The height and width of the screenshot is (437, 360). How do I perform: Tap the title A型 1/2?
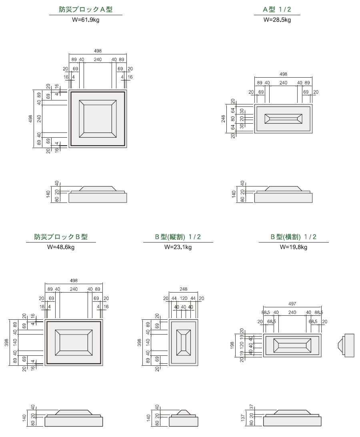(x=277, y=10)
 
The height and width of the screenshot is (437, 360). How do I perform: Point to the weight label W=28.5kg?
(x=277, y=19)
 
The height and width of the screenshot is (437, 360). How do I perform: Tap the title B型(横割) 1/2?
(x=293, y=237)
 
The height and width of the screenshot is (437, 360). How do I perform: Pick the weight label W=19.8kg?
(x=293, y=247)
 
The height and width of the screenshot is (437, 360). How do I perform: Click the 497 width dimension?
(x=293, y=304)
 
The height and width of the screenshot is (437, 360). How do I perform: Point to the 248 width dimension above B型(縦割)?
(x=184, y=289)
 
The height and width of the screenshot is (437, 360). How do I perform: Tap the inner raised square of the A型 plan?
(x=98, y=119)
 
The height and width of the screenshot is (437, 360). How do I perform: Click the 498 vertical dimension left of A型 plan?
(x=31, y=119)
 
